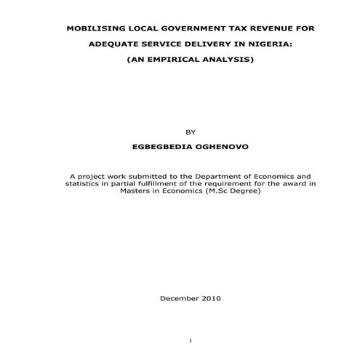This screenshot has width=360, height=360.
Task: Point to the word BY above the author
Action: click(192, 132)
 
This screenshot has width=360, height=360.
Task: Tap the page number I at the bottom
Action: click(189, 340)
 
